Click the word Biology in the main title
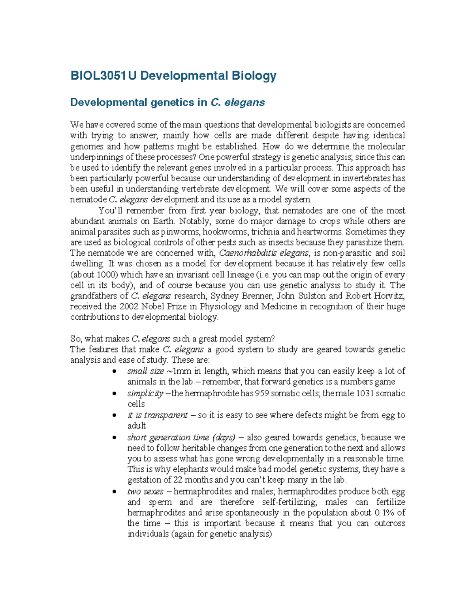point(254,75)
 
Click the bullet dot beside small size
point(115,371)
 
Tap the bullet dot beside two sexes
point(115,492)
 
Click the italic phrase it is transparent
point(157,415)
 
